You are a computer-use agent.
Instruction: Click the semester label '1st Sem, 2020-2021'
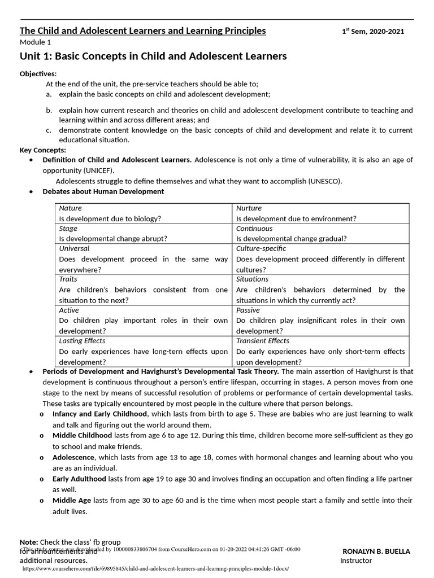[373, 32]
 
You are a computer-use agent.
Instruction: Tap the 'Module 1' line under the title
[35, 43]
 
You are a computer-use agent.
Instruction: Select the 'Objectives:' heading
[38, 74]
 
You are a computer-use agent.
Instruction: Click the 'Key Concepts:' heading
[43, 150]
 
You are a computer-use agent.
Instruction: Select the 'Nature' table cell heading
[71, 208]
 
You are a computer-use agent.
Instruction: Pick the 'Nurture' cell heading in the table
[249, 208]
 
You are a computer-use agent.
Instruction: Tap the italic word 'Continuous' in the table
[254, 229]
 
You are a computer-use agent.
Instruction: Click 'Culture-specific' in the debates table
[261, 248]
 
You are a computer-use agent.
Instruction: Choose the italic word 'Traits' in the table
[68, 279]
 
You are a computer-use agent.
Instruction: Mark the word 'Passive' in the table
[248, 310]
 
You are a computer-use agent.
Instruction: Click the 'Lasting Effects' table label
[82, 341]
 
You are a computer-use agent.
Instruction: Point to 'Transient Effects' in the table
[263, 341]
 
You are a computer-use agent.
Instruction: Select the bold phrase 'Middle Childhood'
[83, 436]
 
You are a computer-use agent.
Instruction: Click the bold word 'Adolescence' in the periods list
[74, 457]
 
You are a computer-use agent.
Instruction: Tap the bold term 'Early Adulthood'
[79, 479]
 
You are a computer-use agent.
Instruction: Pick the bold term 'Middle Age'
[72, 501]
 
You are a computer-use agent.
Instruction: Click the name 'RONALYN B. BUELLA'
[377, 551]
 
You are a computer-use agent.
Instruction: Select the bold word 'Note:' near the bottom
[29, 542]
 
